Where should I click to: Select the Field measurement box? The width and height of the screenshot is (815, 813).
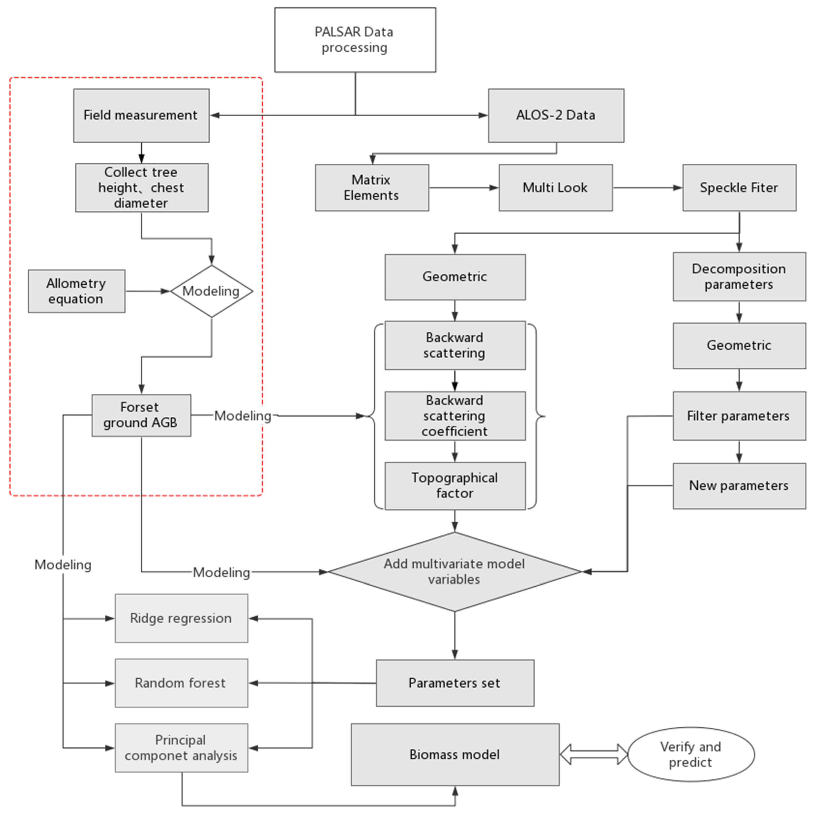coord(141,115)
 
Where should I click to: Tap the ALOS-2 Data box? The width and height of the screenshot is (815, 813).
coord(556,115)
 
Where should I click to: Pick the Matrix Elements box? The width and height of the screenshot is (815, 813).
coord(372,188)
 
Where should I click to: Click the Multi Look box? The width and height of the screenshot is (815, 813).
coord(556,188)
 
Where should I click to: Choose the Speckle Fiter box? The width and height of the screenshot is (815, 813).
coord(739,188)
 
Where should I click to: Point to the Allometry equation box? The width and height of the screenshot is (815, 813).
coord(76,291)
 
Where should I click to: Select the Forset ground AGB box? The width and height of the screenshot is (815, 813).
coord(141,415)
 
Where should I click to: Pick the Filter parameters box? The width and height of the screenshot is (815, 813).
coord(739,416)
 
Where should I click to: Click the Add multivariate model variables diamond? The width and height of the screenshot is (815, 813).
coord(455,572)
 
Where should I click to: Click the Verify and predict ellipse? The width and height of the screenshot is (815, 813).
coord(691,754)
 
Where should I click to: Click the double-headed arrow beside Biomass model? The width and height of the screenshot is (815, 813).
coord(593,754)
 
